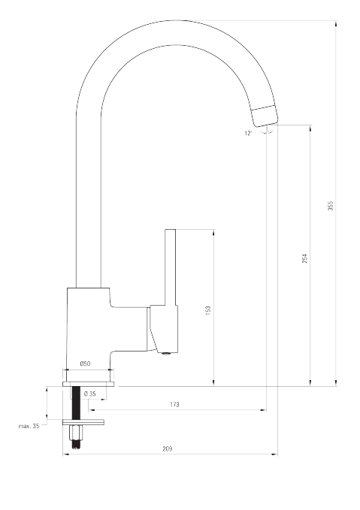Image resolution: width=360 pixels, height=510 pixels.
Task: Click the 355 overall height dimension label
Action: (x=331, y=206)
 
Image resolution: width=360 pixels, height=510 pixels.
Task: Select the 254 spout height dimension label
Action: (x=304, y=258)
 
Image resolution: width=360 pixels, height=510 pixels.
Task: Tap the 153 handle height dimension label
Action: (x=208, y=311)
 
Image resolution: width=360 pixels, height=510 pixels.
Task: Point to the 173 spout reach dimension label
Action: (x=174, y=405)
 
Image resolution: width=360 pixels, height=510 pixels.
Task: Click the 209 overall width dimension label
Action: (x=168, y=449)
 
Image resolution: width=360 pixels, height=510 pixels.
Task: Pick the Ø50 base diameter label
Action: (x=85, y=364)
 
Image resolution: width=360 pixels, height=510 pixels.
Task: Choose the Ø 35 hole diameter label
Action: (x=90, y=394)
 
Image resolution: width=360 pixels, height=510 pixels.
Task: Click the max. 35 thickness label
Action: (x=29, y=426)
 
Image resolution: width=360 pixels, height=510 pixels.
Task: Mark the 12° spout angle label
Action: (x=248, y=133)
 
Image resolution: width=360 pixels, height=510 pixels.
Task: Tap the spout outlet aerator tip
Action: (x=265, y=116)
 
